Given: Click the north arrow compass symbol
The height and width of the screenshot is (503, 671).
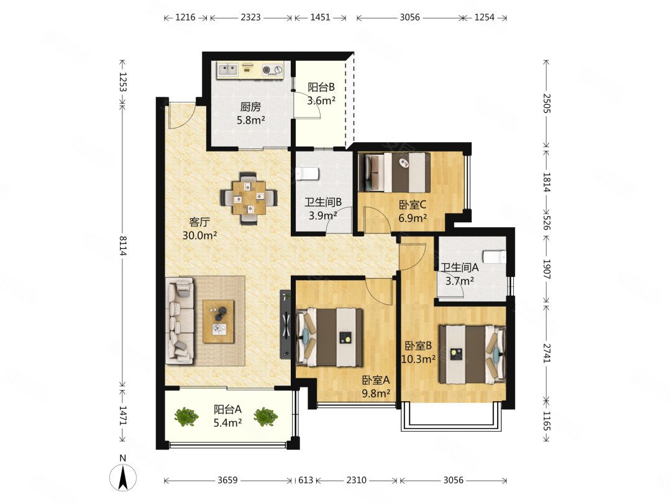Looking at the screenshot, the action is click(x=123, y=476).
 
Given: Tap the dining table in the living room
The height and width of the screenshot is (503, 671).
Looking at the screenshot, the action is click(x=249, y=198).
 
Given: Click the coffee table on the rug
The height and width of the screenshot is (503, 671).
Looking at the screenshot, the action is click(x=218, y=321).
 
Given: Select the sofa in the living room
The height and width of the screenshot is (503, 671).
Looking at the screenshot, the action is click(x=180, y=321).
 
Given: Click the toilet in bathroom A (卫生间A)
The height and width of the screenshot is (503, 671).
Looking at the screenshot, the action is click(x=495, y=257).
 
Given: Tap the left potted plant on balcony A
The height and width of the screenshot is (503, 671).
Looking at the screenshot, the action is click(x=186, y=416).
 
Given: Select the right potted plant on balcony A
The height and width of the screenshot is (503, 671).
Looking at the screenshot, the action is click(x=265, y=417).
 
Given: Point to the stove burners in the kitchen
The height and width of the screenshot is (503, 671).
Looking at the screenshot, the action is click(x=273, y=69).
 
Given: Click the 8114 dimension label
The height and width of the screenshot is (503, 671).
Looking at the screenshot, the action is click(x=123, y=246).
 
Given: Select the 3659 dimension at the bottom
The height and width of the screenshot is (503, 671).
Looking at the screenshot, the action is click(x=227, y=480).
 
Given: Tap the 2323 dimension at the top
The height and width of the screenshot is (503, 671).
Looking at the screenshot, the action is click(x=250, y=17).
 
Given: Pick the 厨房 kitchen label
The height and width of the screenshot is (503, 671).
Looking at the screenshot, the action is click(x=250, y=107).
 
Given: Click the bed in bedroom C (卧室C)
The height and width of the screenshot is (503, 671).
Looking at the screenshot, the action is click(x=395, y=173).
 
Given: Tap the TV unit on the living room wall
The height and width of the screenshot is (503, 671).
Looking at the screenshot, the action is click(x=285, y=325).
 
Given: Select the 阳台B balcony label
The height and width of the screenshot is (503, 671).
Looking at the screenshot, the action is click(x=321, y=88).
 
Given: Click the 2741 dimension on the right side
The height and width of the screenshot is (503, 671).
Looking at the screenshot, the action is click(x=547, y=353).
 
